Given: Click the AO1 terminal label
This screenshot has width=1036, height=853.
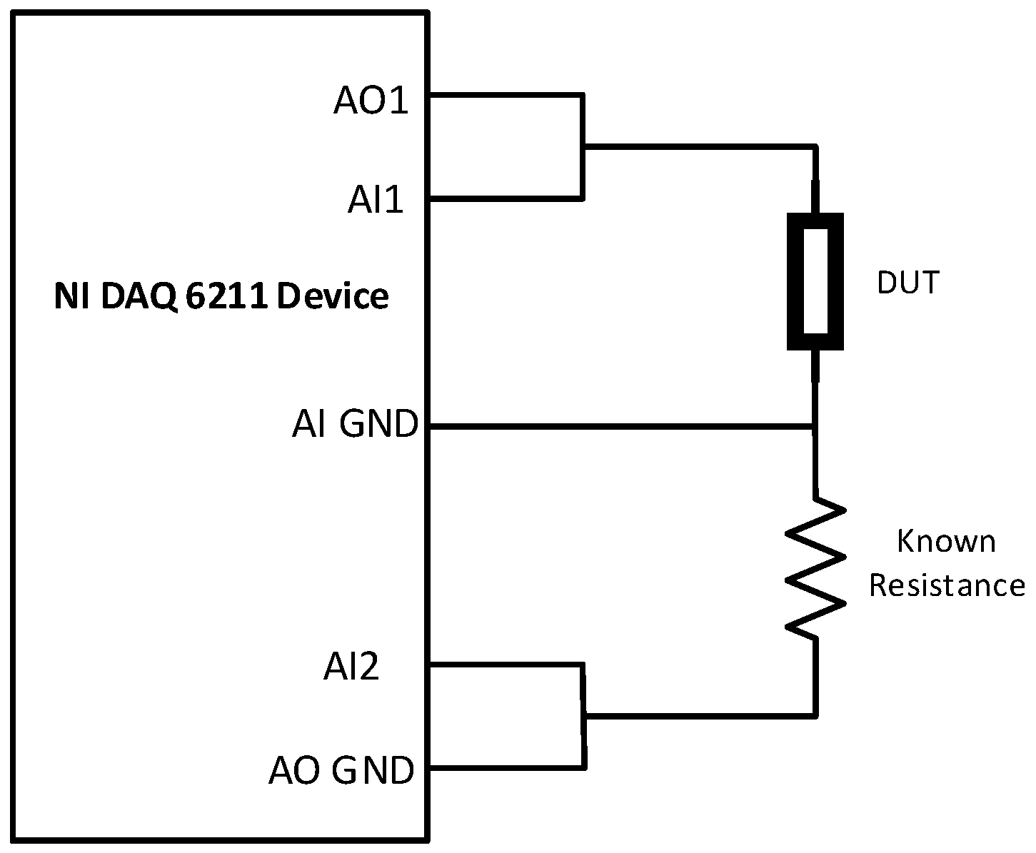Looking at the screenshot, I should click(371, 101).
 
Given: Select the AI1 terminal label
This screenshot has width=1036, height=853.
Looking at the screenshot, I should click(376, 201).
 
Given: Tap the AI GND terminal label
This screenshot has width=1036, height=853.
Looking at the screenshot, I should click(355, 425).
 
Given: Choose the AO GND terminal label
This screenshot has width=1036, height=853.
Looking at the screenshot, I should click(341, 771).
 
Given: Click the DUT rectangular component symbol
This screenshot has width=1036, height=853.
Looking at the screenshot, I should click(815, 281).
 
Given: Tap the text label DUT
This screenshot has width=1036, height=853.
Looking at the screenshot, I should click(907, 283).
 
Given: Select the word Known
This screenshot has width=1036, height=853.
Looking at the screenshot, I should click(945, 542).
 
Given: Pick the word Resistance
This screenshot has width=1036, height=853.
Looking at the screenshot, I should click(947, 586).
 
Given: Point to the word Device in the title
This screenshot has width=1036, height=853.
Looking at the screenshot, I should click(333, 296).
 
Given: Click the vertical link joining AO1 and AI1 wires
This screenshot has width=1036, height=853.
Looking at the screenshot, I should click(583, 146).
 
